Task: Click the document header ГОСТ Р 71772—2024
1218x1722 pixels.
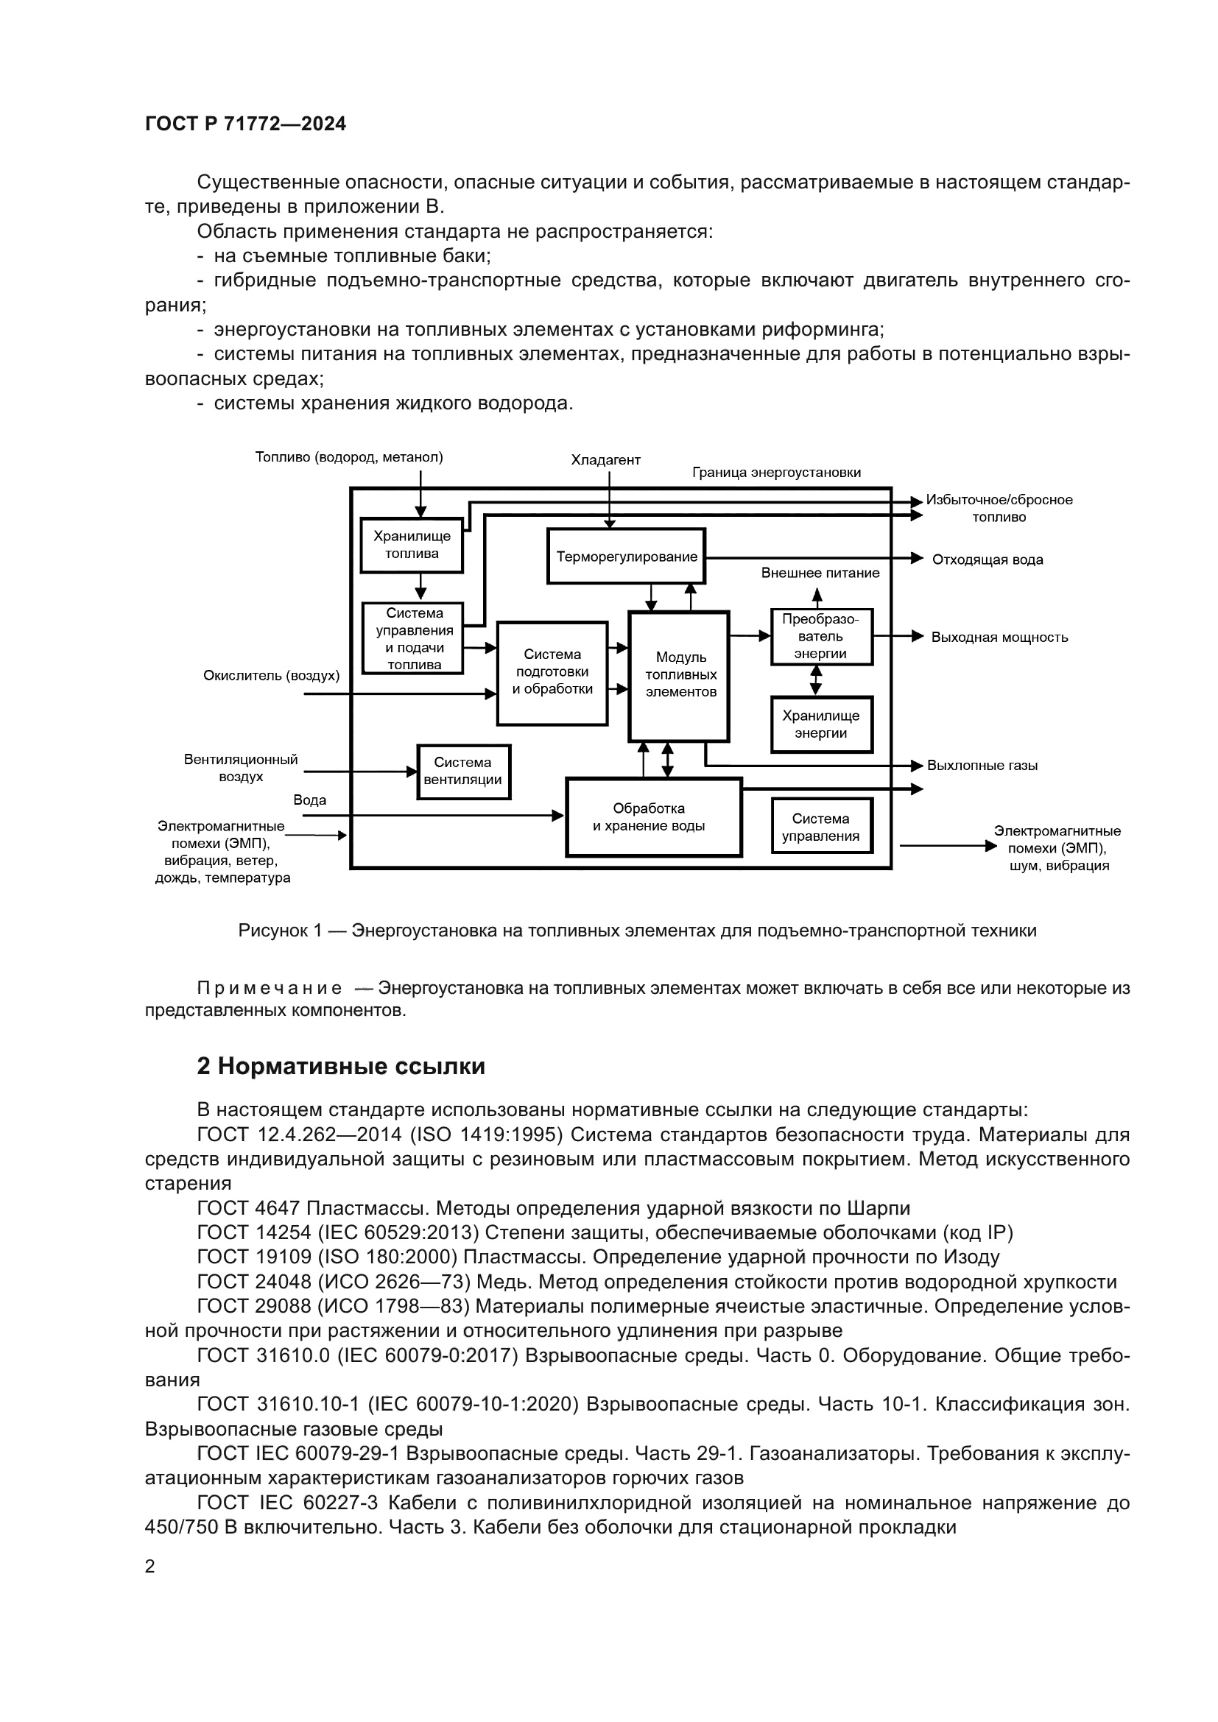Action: pyautogui.click(x=245, y=124)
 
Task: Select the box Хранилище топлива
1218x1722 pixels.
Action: pyautogui.click(x=411, y=546)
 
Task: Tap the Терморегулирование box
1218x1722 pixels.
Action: pyautogui.click(x=626, y=557)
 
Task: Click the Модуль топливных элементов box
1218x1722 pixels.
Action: pyautogui.click(x=680, y=675)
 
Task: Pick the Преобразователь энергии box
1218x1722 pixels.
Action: pyautogui.click(x=821, y=637)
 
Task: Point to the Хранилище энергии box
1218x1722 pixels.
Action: pyautogui.click(x=821, y=724)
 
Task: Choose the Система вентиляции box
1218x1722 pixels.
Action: pyautogui.click(x=462, y=772)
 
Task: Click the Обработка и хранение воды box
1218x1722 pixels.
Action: pyautogui.click(x=652, y=817)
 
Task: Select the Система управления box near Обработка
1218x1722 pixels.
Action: pyautogui.click(x=821, y=827)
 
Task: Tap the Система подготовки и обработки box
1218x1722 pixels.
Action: pyautogui.click(x=552, y=673)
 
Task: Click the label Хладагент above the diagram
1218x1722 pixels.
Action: pyautogui.click(x=605, y=459)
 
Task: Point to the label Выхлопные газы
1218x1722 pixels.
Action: pyautogui.click(x=982, y=766)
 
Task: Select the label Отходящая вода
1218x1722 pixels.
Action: pyautogui.click(x=987, y=560)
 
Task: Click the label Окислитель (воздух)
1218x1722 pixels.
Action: pyautogui.click(x=271, y=676)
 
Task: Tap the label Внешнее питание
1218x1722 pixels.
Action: pyautogui.click(x=820, y=573)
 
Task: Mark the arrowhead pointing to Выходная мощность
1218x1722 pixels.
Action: pyautogui.click(x=918, y=636)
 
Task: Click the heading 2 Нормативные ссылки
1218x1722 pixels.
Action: pyautogui.click(x=340, y=1067)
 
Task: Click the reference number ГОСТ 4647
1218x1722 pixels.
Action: pyautogui.click(x=248, y=1208)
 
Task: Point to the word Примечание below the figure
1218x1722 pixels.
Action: pyautogui.click(x=270, y=989)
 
